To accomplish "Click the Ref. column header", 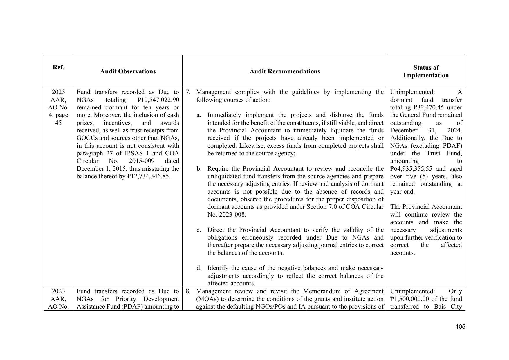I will tap(58, 67).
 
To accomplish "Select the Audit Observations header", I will tap(128, 71).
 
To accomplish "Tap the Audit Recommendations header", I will tap(285, 71).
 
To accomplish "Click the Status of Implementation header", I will tap(426, 71).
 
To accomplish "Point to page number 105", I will tap(460, 327).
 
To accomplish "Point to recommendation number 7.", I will tap(188, 92).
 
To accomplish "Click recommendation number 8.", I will tap(188, 291).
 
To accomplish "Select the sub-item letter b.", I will tap(199, 169).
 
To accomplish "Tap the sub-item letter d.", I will tap(199, 268).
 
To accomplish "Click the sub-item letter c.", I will tap(199, 230).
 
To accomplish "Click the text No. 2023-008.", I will tap(226, 215).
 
